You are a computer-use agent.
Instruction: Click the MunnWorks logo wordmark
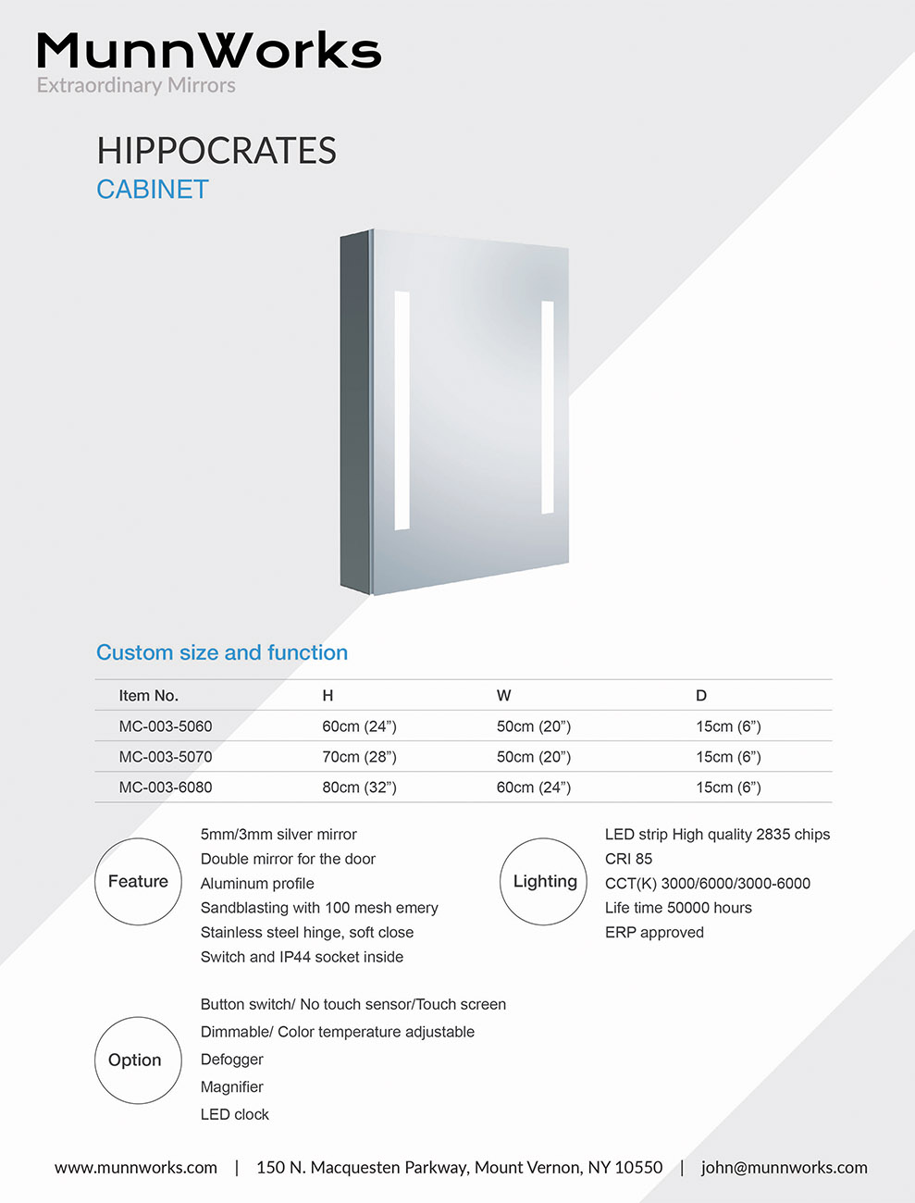tap(208, 52)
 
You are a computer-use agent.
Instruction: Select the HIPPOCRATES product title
tap(216, 151)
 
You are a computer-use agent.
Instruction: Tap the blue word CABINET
tap(153, 190)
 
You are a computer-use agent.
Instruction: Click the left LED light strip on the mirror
tap(402, 411)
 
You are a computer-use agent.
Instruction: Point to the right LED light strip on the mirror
tap(548, 407)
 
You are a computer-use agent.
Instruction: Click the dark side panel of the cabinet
tap(355, 412)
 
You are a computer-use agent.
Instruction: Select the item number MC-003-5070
tap(166, 757)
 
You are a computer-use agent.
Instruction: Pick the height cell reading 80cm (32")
tap(359, 788)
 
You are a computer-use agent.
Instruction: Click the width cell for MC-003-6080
tap(534, 788)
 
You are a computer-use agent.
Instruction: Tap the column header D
tap(701, 696)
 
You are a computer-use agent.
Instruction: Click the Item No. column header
tap(148, 696)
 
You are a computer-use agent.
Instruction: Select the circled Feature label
tap(138, 882)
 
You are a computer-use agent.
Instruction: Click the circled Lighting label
tap(544, 882)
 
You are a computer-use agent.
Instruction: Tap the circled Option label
tap(135, 1060)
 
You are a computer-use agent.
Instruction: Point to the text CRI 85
tap(629, 859)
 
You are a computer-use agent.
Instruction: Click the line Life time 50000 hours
tap(678, 908)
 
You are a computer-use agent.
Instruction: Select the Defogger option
tap(232, 1060)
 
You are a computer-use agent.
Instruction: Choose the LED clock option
tap(235, 1115)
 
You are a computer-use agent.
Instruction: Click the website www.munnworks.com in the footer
tap(136, 1168)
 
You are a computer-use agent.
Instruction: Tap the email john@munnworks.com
tap(785, 1168)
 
